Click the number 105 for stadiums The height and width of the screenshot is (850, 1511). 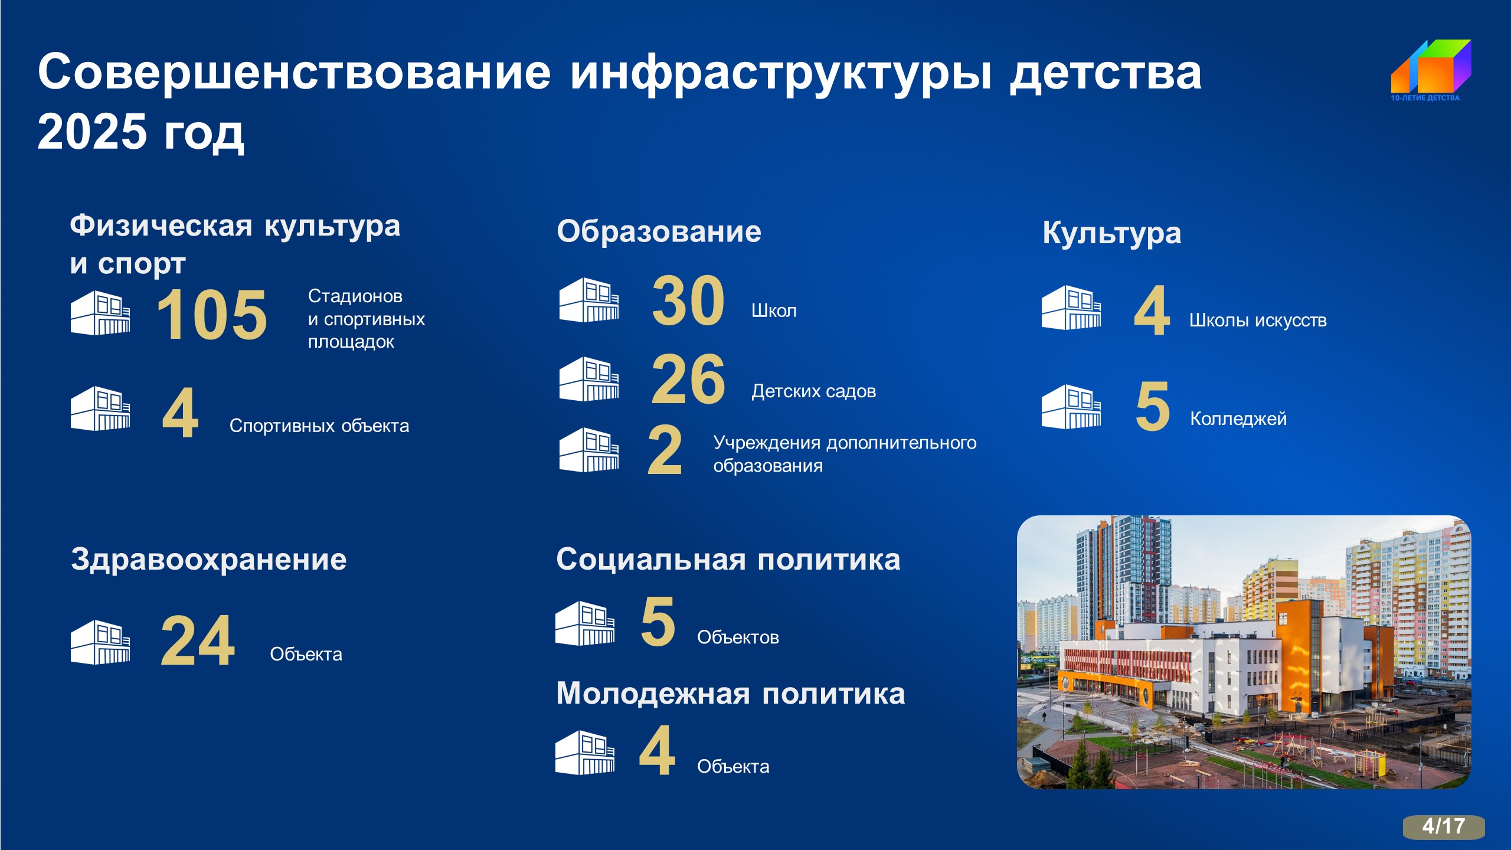212,315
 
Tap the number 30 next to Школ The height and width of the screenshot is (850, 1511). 688,300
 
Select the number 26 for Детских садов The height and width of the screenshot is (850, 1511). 688,379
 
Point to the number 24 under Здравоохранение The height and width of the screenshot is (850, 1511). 198,641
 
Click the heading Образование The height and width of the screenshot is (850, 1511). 659,231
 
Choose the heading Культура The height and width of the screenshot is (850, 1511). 1112,233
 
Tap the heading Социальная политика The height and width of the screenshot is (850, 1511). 728,559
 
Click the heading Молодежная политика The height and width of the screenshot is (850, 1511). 731,693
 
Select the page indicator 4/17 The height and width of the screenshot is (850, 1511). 1444,826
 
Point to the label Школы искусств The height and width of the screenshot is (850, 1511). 1258,321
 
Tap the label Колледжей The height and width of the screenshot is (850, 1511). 1238,419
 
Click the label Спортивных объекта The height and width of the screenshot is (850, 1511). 319,426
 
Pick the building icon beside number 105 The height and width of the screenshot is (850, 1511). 100,313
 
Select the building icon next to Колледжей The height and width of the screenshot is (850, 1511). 1071,407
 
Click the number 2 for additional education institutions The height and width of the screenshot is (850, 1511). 665,450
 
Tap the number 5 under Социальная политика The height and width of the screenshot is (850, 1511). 658,621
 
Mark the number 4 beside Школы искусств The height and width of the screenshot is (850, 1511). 1152,310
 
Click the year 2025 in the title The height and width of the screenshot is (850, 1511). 92,131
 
